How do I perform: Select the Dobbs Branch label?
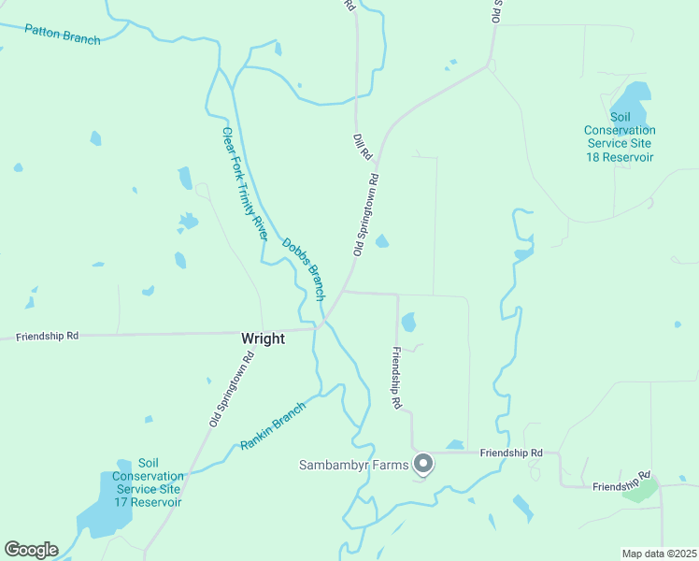pos(303,268)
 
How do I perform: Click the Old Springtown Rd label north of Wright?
pos(365,214)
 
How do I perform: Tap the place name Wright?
pos(263,338)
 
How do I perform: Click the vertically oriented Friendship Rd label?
pos(396,378)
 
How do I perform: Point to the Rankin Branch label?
pos(273,425)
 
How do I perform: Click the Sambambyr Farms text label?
pos(354,465)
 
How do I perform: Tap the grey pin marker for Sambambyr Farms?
pos(423,463)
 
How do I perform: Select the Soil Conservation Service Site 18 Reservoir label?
pos(620,137)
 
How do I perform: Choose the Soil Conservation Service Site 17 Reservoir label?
pos(147,482)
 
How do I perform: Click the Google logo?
pos(31,550)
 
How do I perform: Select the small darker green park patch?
pos(640,492)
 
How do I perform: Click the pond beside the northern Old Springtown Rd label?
pos(382,241)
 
